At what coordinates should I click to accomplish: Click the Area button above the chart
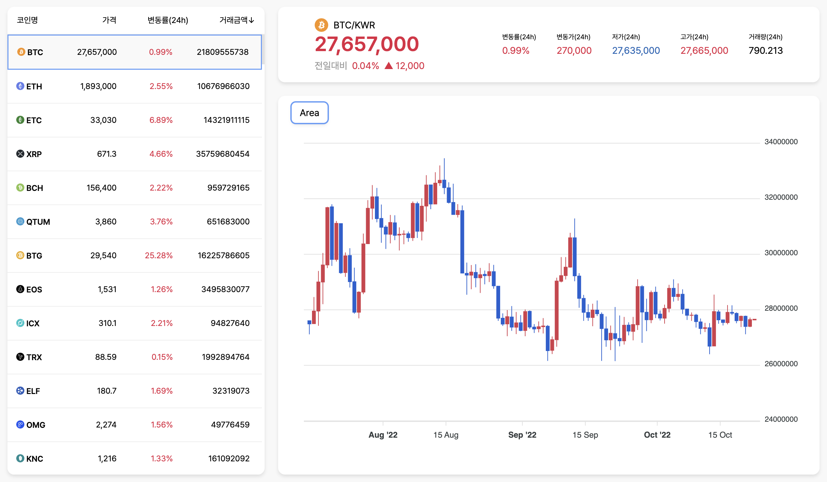tap(309, 113)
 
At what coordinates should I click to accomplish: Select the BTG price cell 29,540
tap(103, 256)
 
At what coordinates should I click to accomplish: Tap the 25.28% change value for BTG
tap(159, 256)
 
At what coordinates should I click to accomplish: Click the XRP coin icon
tap(20, 154)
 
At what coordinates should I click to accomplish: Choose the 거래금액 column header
tap(236, 20)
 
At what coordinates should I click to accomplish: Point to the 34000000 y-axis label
tap(781, 142)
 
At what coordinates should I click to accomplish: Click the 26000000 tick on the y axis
tap(781, 364)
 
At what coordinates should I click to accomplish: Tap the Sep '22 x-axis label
tap(522, 435)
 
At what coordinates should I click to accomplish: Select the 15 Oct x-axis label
tap(720, 435)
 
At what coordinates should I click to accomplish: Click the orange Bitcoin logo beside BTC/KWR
tap(321, 25)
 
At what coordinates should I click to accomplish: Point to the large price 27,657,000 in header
tap(367, 44)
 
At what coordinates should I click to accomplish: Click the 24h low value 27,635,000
tap(636, 51)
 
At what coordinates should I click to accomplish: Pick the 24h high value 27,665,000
tap(704, 51)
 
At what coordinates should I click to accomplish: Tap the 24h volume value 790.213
tap(765, 51)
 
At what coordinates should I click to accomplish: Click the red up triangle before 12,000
tap(389, 66)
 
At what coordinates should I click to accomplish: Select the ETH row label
tap(34, 87)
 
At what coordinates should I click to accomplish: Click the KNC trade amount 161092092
tap(229, 459)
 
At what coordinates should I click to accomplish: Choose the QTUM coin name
tap(38, 222)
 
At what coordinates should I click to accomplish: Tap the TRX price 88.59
tap(106, 357)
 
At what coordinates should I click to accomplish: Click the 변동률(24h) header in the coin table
tap(168, 20)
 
